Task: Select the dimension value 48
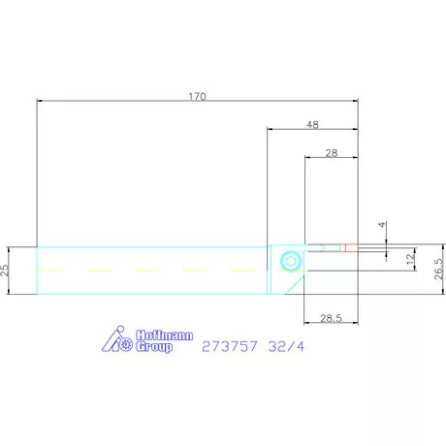[312, 124]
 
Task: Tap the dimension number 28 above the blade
[331, 153]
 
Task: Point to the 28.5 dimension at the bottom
[331, 317]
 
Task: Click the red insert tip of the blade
[350, 246]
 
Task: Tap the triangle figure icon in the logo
[117, 338]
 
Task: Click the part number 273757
[230, 345]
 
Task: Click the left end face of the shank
[37, 269]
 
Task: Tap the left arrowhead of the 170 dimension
[40, 100]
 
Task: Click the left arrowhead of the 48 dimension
[271, 128]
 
